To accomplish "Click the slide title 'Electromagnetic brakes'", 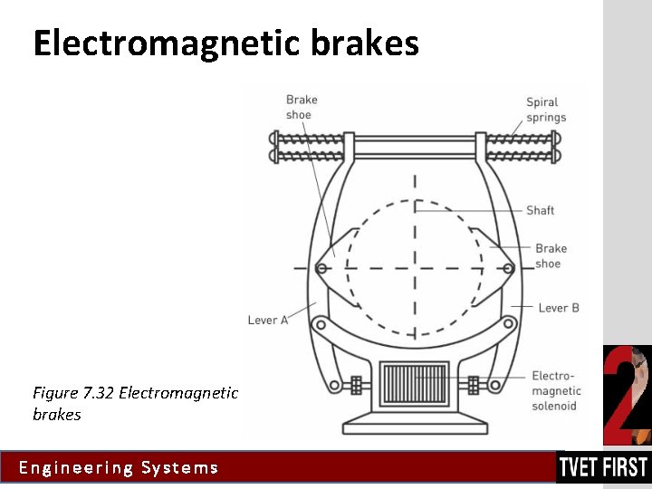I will (x=225, y=43).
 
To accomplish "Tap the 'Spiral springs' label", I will (x=546, y=110).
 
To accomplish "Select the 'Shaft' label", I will (x=540, y=210).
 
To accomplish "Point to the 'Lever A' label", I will (x=268, y=320).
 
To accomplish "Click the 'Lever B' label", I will (x=559, y=308).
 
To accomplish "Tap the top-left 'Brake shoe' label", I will (x=301, y=107).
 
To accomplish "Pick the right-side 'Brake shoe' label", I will (x=550, y=256).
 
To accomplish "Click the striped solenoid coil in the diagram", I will (x=415, y=383).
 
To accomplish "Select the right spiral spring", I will (x=519, y=148).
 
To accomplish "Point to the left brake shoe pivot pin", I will (x=321, y=267).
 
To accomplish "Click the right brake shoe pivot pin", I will (x=508, y=267).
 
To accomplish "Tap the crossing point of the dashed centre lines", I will (x=415, y=268).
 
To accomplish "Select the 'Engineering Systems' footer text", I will (x=119, y=468).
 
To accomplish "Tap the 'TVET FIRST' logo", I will (x=603, y=467).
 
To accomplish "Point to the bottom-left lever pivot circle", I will (x=335, y=386).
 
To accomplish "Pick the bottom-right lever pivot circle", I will (x=495, y=386).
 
